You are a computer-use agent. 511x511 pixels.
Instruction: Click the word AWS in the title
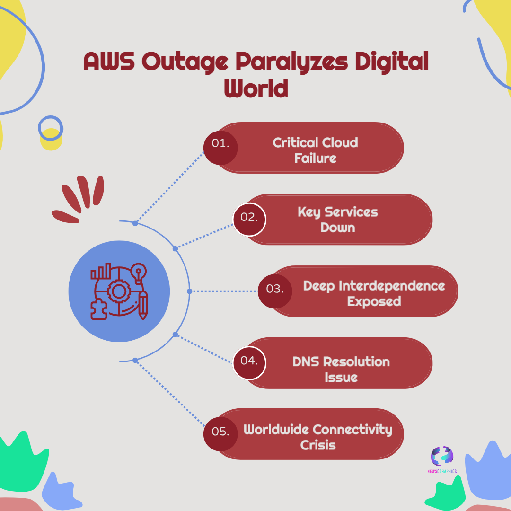coord(109,61)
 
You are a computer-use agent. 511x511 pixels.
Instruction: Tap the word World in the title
coord(256,88)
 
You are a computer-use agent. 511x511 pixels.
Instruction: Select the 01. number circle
coord(220,148)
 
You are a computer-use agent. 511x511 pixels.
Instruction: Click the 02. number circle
coord(249,220)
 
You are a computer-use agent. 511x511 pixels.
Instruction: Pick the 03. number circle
coord(275,291)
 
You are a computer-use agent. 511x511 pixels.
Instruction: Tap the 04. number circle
coord(249,363)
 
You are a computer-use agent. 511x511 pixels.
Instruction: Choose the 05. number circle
coord(220,434)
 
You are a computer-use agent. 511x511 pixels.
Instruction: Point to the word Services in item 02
coord(351,212)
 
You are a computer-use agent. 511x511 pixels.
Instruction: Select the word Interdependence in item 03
coord(392,286)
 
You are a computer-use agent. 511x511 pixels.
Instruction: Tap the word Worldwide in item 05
coord(276,429)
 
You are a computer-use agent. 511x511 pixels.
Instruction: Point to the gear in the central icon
coord(119,291)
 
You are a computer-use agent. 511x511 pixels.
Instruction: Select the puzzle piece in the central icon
coord(99,309)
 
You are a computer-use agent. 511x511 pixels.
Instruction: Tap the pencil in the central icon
coord(143,305)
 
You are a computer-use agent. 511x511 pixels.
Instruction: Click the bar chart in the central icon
coord(101,271)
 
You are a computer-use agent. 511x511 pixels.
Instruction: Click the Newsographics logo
coord(442,460)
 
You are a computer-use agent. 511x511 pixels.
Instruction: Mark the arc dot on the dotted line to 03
coord(190,291)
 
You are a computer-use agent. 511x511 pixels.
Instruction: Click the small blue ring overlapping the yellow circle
coord(51,128)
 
